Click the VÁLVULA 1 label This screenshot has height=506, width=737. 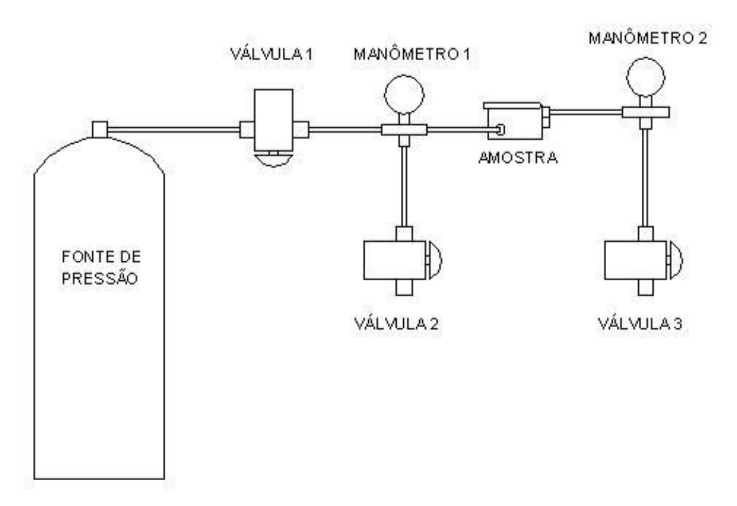click(271, 54)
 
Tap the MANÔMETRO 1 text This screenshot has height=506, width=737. click(412, 54)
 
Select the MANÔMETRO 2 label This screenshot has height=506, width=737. click(647, 38)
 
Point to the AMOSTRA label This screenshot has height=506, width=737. click(518, 158)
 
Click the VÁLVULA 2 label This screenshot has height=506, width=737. click(396, 324)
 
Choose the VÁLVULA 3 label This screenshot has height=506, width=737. click(640, 324)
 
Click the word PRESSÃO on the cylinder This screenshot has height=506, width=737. click(100, 278)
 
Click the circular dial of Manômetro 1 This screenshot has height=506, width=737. click(404, 94)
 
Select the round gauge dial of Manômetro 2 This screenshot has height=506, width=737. click(646, 76)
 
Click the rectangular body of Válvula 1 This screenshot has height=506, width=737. click(274, 121)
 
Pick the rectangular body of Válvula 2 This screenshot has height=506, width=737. click(395, 261)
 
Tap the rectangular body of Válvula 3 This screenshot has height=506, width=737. click(636, 261)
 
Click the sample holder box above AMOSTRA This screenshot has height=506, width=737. click(515, 122)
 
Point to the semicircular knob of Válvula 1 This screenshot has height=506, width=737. click(273, 160)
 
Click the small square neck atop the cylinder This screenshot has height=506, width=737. click(99, 129)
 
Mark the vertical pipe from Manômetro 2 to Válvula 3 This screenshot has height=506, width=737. click(646, 178)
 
